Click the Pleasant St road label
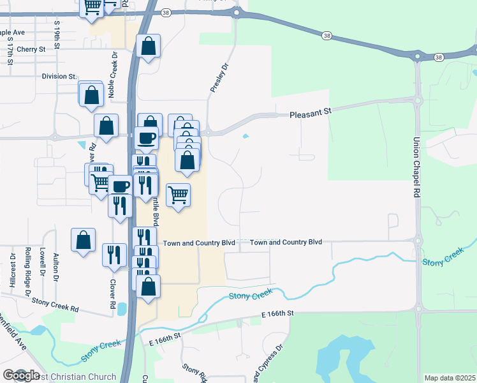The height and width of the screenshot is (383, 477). (x=311, y=112)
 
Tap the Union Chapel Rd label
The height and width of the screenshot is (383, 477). (x=416, y=167)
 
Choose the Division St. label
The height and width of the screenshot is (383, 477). (x=59, y=77)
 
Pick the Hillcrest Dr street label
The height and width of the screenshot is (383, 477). (x=13, y=272)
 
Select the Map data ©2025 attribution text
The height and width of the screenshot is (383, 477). (x=450, y=378)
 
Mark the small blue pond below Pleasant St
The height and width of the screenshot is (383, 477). (x=246, y=136)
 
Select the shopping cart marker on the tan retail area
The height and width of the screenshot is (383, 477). (x=178, y=194)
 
